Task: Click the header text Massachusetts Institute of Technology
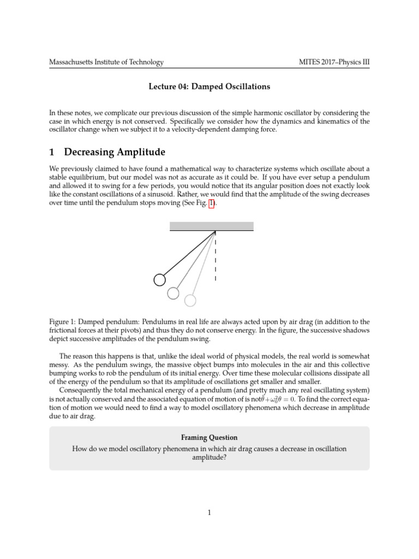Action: (106, 62)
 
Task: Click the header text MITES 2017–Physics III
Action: (331, 62)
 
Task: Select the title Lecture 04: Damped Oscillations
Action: (210, 86)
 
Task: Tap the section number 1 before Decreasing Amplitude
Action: (53, 151)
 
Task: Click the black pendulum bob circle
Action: (159, 279)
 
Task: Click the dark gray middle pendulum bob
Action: (173, 293)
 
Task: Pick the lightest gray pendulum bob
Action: (190, 300)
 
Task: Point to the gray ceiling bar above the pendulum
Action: (212, 226)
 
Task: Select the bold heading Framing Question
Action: (209, 437)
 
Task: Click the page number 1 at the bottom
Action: (209, 512)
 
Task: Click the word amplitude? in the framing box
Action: (209, 458)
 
